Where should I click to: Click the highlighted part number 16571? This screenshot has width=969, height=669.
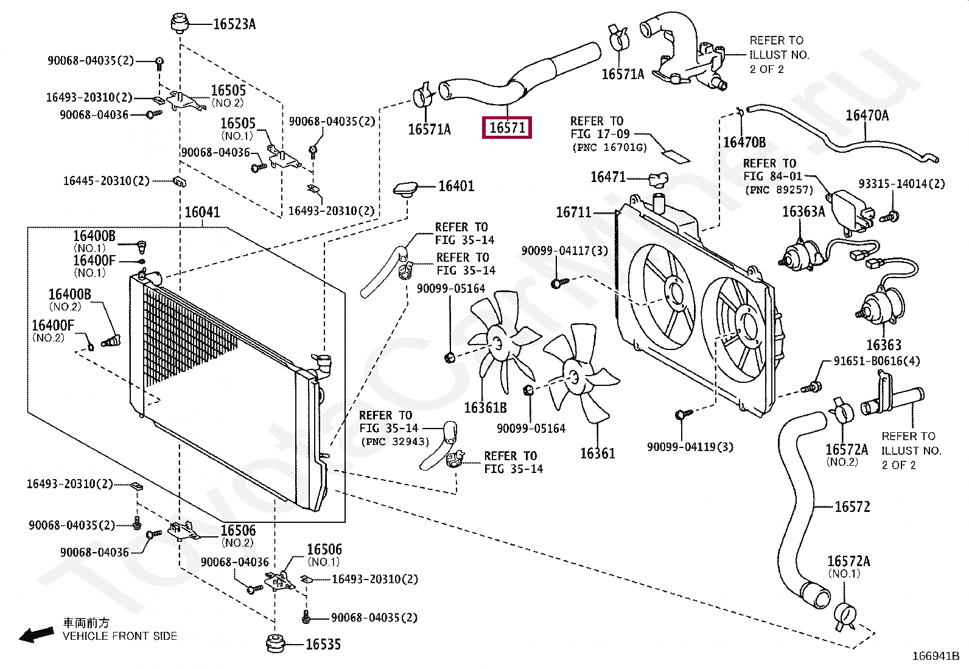point(507,128)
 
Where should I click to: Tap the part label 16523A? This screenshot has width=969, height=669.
point(234,24)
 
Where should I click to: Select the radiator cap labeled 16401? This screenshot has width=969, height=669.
point(406,189)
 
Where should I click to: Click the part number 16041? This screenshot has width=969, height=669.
point(202,212)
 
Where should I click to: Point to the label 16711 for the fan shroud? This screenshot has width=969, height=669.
point(573,212)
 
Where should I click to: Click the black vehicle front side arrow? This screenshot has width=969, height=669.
point(37,635)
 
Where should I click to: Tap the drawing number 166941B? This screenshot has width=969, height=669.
point(936,656)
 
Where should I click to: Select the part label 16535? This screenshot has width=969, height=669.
point(323,644)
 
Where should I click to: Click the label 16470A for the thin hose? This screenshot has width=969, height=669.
point(867,115)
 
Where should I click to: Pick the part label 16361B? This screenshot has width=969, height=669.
point(485,408)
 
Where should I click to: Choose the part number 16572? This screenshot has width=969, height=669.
point(852,506)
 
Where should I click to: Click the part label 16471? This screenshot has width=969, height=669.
point(608,177)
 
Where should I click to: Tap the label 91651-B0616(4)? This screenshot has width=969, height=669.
point(877,361)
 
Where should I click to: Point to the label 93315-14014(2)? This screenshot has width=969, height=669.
point(902,183)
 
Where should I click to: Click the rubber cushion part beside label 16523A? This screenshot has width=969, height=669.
point(180,23)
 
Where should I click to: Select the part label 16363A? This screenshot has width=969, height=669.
point(803,211)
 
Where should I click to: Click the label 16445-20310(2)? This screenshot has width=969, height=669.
point(106,180)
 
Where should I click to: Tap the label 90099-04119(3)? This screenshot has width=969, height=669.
point(690,447)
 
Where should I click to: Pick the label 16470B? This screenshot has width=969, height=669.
point(744,142)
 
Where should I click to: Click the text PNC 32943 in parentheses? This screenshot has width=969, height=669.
point(395,441)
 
